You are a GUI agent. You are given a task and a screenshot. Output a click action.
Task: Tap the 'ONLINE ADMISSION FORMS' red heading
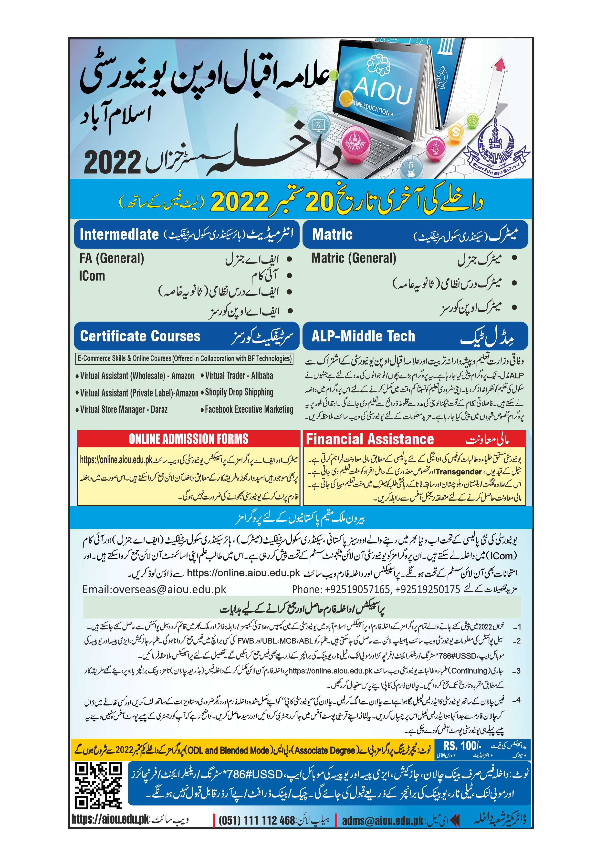tap(188, 439)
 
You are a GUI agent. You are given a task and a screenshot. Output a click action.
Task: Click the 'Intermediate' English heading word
tap(119, 234)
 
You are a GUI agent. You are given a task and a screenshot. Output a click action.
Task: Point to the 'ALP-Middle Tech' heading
tap(363, 336)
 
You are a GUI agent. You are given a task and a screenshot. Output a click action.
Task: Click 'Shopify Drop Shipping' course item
tap(239, 392)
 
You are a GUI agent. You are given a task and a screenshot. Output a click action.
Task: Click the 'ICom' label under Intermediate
tap(92, 276)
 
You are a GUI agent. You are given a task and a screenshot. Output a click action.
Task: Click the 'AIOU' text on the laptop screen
tap(383, 91)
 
